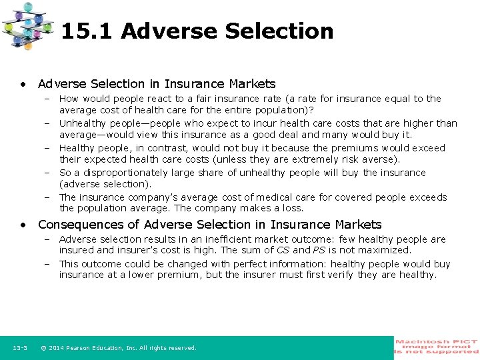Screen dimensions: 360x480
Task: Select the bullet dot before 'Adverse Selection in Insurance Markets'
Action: (x=23, y=84)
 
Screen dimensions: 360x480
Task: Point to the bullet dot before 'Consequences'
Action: (x=23, y=225)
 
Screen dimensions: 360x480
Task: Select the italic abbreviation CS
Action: (x=282, y=251)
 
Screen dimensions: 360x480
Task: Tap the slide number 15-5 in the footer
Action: (x=20, y=348)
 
